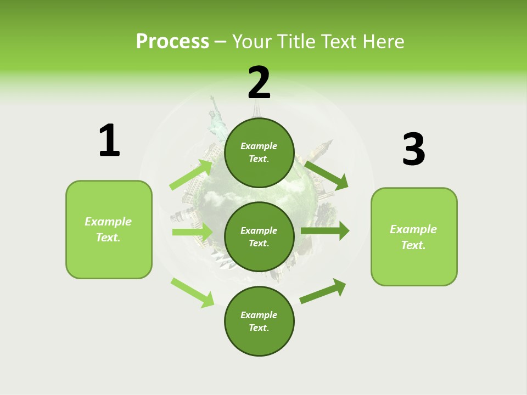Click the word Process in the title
pos(172,42)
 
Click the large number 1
pos(109,140)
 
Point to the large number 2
pos(259,83)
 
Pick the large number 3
pos(413,149)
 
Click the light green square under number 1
pos(109,229)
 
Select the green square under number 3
pos(414,236)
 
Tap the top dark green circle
pos(259,153)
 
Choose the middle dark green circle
pos(259,236)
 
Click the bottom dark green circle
pos(259,321)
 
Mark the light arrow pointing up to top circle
pos(191,174)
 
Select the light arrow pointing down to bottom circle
pos(193,292)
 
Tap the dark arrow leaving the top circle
pos(327,175)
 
